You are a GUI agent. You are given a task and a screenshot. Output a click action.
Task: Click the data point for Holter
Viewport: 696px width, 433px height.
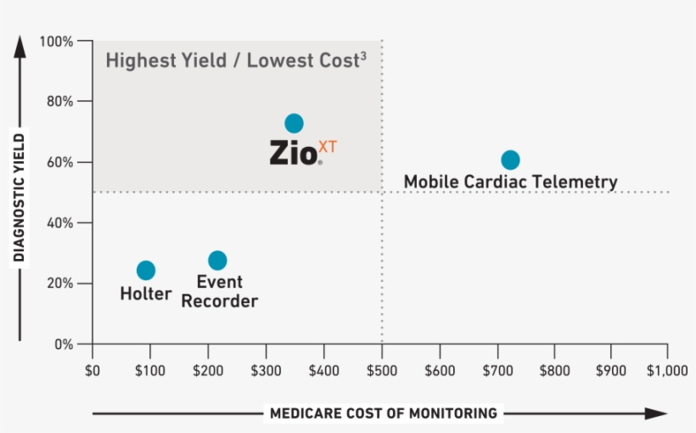coord(146,270)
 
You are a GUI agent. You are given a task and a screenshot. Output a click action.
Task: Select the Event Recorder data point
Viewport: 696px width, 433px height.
coord(217,261)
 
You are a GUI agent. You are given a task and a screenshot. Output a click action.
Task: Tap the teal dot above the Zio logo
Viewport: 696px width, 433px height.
coord(294,124)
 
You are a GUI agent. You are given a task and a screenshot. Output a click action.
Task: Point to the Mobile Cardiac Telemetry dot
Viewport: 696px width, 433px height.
coord(510,160)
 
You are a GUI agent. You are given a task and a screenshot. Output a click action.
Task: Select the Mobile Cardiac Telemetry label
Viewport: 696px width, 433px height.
coord(510,182)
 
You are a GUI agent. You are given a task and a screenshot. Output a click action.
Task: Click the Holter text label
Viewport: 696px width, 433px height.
coord(146,295)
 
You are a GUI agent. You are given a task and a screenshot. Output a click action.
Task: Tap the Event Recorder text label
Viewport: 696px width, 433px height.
coord(220,291)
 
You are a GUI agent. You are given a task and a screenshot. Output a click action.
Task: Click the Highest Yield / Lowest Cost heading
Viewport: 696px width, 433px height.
coord(236,61)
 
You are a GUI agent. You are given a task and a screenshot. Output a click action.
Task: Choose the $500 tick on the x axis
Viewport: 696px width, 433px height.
coord(381,371)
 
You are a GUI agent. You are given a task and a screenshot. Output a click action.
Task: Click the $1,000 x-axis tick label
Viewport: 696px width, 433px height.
coord(667,371)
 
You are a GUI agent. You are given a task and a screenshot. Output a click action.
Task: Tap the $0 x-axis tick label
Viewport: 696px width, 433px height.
coord(93,371)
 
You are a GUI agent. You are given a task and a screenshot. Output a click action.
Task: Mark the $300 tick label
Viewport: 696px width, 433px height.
coord(266,371)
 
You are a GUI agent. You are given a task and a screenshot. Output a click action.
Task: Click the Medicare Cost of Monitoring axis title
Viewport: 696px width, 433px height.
coord(383,413)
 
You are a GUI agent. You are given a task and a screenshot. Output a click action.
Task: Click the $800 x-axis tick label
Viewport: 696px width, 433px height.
coord(554,371)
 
